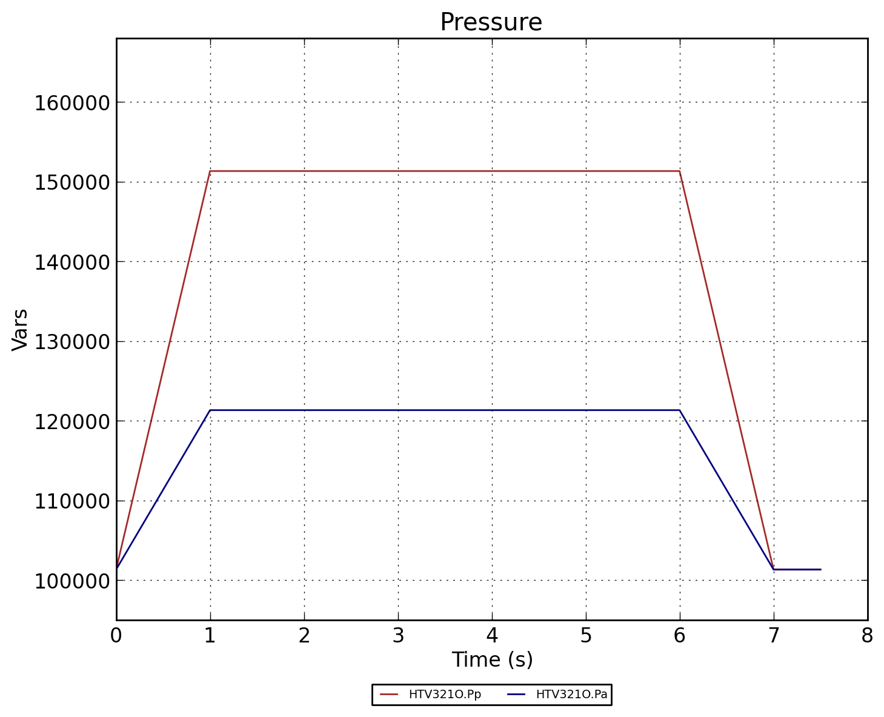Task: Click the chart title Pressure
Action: (x=491, y=23)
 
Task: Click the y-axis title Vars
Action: (x=20, y=329)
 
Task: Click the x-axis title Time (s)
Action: (x=492, y=659)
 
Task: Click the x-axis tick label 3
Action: (x=398, y=635)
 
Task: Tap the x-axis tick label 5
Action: (x=586, y=635)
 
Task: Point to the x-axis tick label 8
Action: (x=867, y=635)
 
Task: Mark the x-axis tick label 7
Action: (x=774, y=635)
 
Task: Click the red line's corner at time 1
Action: (x=210, y=171)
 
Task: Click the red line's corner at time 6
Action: (x=680, y=171)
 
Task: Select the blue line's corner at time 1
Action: (x=210, y=410)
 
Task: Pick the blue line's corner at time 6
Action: (x=680, y=410)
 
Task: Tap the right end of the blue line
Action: (x=820, y=570)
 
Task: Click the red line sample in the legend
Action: (x=389, y=695)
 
